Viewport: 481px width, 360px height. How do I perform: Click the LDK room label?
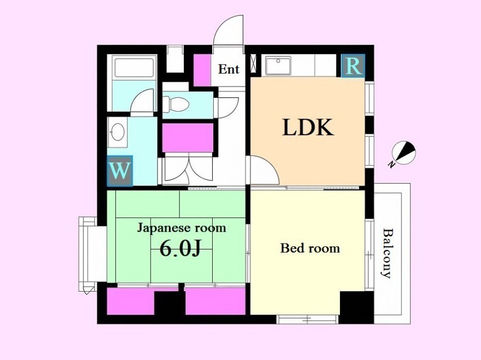coord(308,127)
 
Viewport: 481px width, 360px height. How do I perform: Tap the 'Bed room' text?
coord(310,248)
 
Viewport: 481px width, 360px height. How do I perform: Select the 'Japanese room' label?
coord(181,228)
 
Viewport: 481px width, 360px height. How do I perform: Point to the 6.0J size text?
coord(180,248)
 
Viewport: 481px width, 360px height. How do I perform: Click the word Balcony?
coord(387,253)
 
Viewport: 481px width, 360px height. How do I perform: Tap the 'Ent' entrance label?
coord(229,69)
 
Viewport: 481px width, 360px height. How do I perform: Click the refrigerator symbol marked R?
coord(353,65)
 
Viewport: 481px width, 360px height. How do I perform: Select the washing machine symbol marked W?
coord(120,171)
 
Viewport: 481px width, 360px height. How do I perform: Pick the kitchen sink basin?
coord(278,65)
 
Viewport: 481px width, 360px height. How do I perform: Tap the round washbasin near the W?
coord(117,132)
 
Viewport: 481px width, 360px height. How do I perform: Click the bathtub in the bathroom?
coord(134,67)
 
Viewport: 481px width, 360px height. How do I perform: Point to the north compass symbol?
coord(404,152)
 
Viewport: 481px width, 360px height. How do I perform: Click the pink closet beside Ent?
coord(202,70)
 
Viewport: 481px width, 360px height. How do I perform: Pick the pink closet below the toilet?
coord(188,138)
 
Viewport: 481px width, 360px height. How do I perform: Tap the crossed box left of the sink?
coord(254,64)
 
